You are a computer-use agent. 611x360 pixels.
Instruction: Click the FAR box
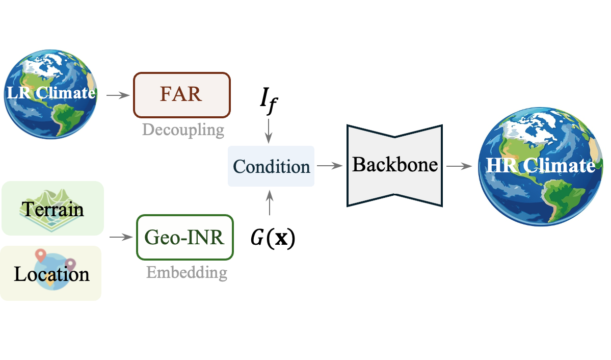click(x=182, y=95)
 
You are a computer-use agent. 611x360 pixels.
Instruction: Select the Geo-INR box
click(x=184, y=238)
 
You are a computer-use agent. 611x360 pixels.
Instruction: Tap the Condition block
click(x=271, y=166)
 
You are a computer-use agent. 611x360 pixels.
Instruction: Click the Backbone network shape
click(x=395, y=165)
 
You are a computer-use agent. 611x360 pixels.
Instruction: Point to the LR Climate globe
click(x=50, y=93)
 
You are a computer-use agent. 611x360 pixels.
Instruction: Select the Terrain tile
click(x=52, y=208)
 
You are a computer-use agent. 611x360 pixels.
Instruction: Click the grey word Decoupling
click(x=183, y=130)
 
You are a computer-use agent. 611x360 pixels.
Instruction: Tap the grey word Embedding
click(x=187, y=272)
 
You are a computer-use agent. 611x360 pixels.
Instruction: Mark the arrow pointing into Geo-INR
click(x=121, y=237)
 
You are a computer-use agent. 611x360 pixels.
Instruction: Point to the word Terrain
click(x=52, y=209)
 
